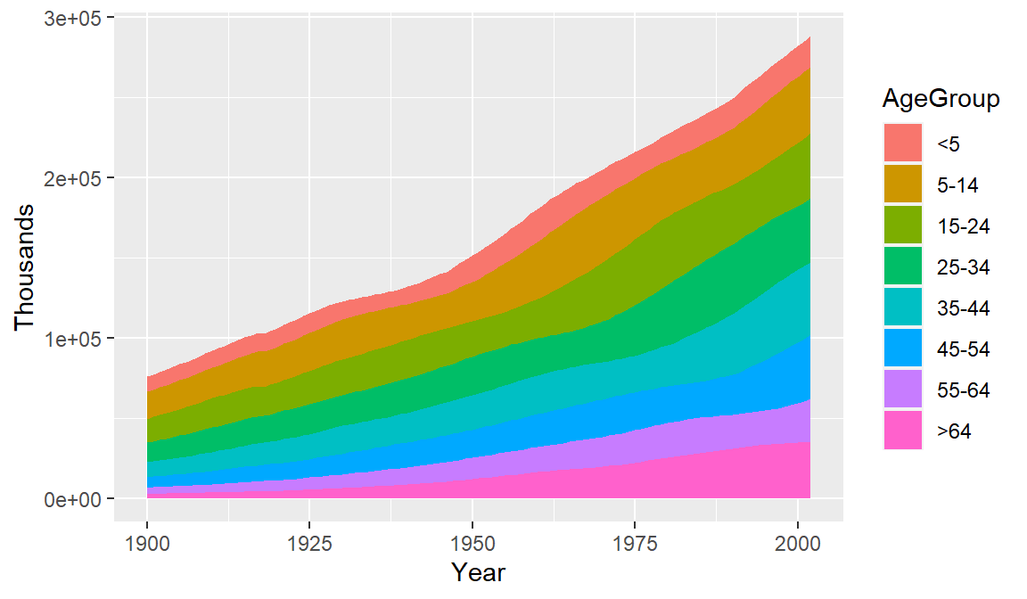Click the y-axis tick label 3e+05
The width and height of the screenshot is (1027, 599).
[x=75, y=18]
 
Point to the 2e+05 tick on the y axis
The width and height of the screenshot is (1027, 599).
[x=75, y=178]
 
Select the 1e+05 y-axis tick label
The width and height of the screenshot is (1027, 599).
[x=75, y=339]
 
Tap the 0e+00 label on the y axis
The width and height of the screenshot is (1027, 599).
[x=75, y=499]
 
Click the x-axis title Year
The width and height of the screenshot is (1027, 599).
[x=478, y=571]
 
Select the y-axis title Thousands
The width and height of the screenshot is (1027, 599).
[x=24, y=267]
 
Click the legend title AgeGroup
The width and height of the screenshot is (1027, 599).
[x=941, y=99]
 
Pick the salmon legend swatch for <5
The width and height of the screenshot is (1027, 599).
[x=904, y=144]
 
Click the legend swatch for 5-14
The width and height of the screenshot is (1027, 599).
[x=904, y=185]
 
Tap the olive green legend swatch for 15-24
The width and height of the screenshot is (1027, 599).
[x=904, y=226]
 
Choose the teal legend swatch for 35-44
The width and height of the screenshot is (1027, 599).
[x=904, y=308]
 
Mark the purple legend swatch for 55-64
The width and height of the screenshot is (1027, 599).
[x=904, y=390]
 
